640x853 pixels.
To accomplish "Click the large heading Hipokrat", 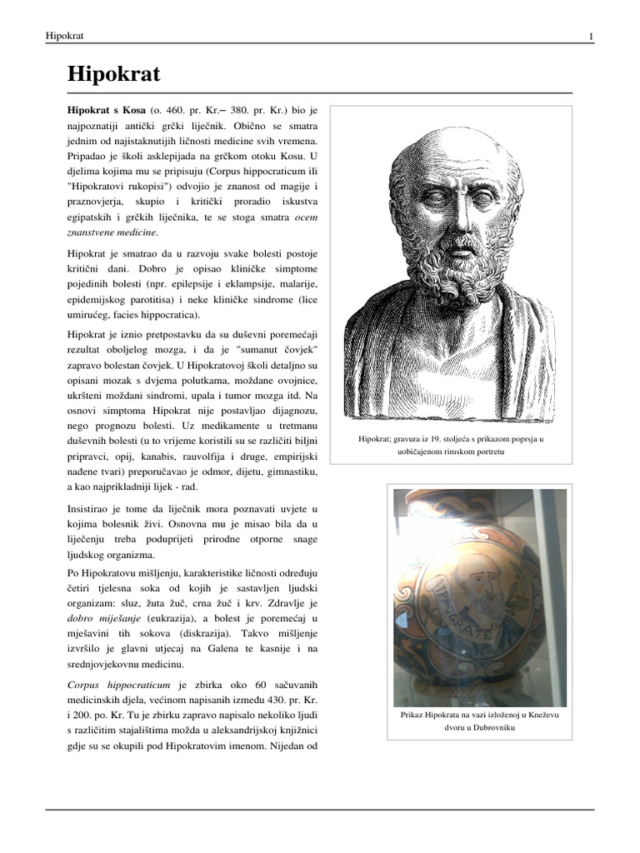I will point(113,75).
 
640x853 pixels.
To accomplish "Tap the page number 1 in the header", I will point(591,36).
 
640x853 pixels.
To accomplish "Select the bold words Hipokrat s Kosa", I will point(106,110).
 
